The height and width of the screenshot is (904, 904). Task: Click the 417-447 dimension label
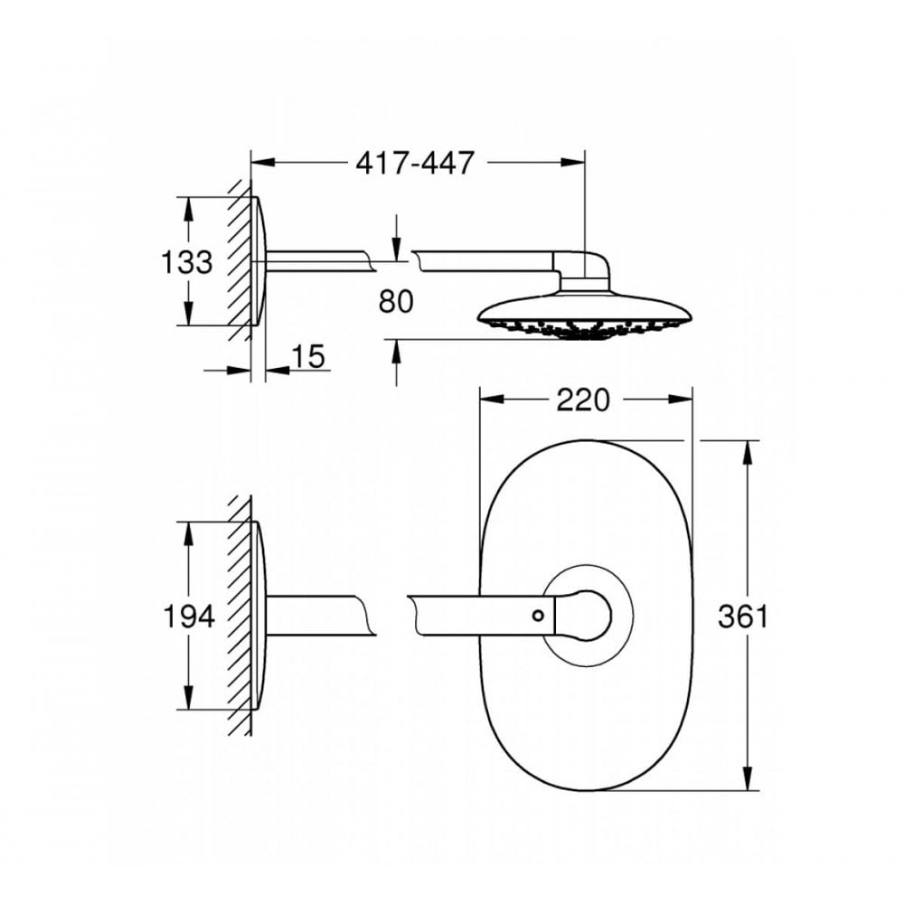[x=414, y=163]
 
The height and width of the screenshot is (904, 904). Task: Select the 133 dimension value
[x=187, y=262]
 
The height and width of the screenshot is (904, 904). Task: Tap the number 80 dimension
[x=396, y=301]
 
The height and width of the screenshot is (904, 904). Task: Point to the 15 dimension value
[x=308, y=356]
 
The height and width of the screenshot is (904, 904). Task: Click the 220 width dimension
[x=583, y=400]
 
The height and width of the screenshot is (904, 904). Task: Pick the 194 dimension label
[x=189, y=617]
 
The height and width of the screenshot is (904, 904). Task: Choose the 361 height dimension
[x=742, y=617]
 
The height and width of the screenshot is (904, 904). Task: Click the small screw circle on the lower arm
[x=539, y=616]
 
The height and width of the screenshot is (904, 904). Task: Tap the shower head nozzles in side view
[x=583, y=330]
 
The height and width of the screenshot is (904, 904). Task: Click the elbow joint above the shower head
[x=586, y=268]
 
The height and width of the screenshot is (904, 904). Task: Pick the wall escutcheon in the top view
[x=259, y=261]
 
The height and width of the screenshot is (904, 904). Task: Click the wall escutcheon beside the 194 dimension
[x=259, y=616]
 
